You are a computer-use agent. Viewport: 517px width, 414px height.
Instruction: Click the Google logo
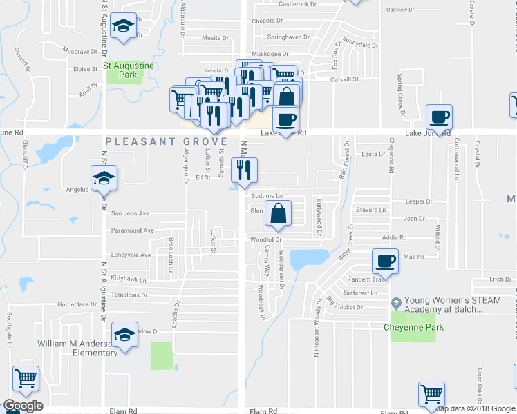point(23,406)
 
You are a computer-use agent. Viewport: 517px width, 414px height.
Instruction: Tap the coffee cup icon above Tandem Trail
point(385,262)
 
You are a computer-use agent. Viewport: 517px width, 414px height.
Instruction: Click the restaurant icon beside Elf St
point(243,170)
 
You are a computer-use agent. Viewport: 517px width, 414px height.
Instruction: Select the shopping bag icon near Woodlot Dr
point(277,213)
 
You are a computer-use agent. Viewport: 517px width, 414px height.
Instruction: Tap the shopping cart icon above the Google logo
point(26,378)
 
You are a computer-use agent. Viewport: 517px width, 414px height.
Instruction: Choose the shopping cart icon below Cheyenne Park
point(431,394)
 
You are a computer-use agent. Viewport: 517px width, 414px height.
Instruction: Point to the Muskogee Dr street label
point(269,53)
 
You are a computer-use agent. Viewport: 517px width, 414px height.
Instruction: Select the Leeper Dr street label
point(418,201)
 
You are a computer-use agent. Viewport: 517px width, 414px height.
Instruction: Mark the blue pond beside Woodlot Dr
point(309,259)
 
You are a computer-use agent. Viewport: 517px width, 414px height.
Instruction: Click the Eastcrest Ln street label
point(364,293)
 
